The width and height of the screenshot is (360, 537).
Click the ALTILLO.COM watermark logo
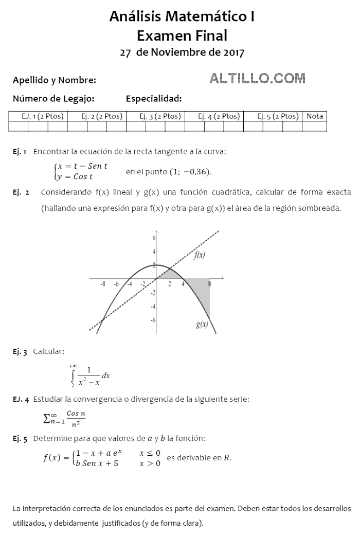[257, 78]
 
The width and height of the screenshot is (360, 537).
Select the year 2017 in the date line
[234, 52]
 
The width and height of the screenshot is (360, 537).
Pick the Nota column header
[315, 116]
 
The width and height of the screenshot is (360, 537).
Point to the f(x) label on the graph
[200, 256]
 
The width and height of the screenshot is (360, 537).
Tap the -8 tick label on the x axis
[103, 284]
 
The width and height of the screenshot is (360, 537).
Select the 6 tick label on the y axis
[153, 239]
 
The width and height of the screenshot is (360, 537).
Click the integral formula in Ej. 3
[88, 375]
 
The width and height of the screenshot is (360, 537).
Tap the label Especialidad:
[153, 99]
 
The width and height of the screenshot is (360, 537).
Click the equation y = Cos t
[76, 176]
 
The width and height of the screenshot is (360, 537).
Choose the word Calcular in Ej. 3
[49, 351]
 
